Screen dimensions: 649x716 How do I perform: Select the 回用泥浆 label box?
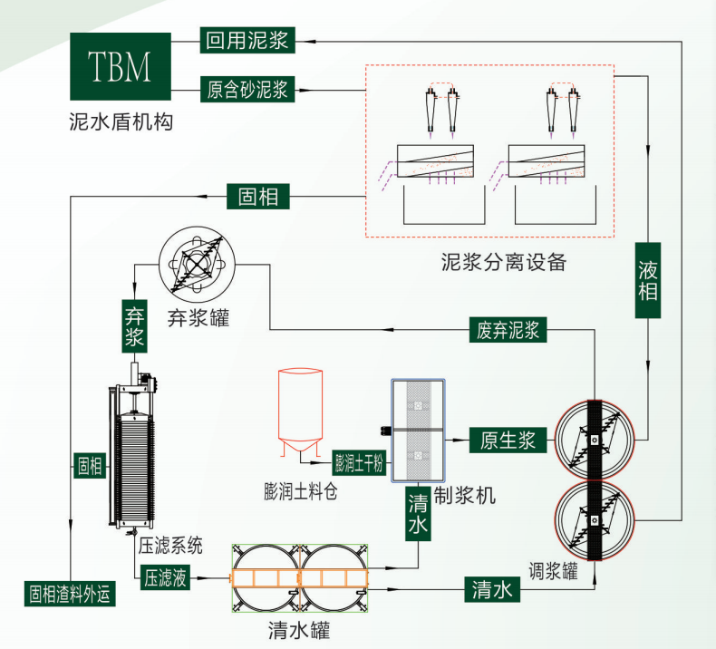tap(247, 40)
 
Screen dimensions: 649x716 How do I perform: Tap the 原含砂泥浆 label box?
tap(247, 90)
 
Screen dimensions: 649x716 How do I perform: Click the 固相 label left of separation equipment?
tap(258, 196)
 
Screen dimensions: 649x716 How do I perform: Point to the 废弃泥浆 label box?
tap(508, 329)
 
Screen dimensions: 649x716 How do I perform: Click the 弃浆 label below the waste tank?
tap(134, 327)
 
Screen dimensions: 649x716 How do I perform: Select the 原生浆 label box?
tap(507, 441)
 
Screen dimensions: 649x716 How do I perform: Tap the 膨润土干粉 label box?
tap(361, 463)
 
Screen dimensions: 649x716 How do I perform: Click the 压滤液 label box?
tap(165, 577)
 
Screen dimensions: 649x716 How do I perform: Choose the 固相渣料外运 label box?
tap(69, 594)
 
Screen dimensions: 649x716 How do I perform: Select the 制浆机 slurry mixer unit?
tap(419, 431)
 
